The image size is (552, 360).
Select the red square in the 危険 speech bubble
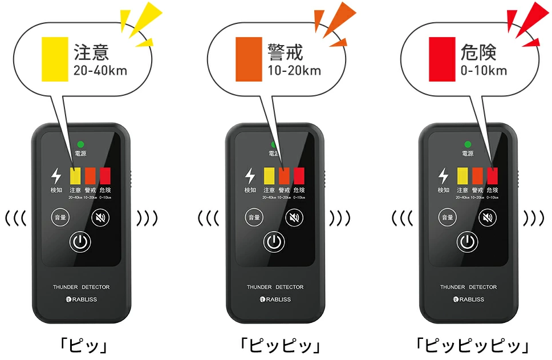[x=442, y=58]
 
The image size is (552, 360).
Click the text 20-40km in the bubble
[x=100, y=71]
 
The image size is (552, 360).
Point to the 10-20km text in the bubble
[x=294, y=71]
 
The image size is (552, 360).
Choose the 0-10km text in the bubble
[x=484, y=71]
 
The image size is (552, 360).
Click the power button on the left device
[x=80, y=242]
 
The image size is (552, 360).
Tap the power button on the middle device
[x=274, y=242]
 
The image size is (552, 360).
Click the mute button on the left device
[x=100, y=217]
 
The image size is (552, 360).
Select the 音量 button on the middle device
[x=254, y=217]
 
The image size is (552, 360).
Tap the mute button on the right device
[x=487, y=217]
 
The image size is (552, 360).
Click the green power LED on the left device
[x=80, y=144]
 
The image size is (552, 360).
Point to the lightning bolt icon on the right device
[x=444, y=176]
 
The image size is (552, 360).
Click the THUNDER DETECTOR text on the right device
[x=468, y=287]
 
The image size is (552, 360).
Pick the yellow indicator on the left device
[x=75, y=175]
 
